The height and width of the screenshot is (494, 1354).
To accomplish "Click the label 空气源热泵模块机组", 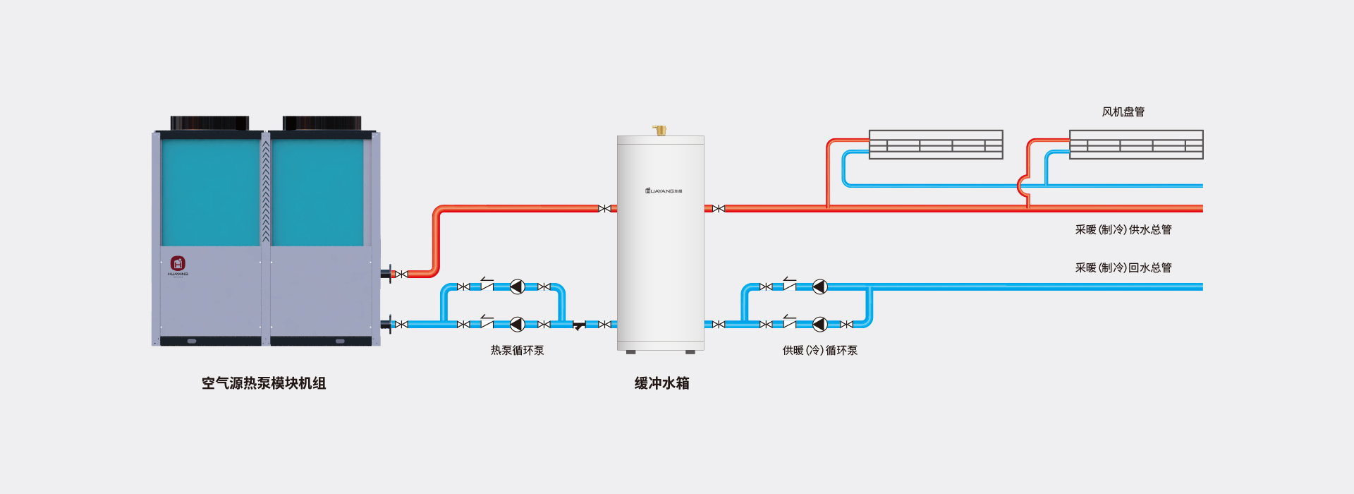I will (x=264, y=383).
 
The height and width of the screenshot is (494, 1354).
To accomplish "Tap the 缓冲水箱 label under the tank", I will (x=661, y=383).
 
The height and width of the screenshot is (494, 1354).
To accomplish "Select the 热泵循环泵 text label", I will (x=517, y=350).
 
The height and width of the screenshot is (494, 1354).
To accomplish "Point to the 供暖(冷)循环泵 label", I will (x=819, y=350).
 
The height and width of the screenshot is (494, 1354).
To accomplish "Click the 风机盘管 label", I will (x=1123, y=112).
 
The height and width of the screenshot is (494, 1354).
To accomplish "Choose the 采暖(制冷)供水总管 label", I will (x=1123, y=229).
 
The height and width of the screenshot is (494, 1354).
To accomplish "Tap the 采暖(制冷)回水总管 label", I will (x=1123, y=267).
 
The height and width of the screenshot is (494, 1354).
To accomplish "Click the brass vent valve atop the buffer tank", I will (x=660, y=130).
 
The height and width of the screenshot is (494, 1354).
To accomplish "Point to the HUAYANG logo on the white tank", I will (x=663, y=191).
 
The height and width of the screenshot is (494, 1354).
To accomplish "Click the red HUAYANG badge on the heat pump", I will (x=178, y=264).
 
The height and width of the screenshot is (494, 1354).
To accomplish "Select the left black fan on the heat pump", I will (x=209, y=123).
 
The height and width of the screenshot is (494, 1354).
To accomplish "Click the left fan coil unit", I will (x=936, y=145).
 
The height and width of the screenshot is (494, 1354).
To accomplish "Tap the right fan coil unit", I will (x=1136, y=145).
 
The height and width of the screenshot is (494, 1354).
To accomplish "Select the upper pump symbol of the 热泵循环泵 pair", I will (x=517, y=287).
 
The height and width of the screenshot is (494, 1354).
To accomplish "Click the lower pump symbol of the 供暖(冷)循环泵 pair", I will (x=819, y=324).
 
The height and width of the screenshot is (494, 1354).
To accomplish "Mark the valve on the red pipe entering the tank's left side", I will (x=604, y=208).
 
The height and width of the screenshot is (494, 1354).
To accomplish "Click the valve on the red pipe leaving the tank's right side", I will (x=718, y=208).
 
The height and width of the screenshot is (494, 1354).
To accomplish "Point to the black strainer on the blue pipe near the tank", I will (x=578, y=325).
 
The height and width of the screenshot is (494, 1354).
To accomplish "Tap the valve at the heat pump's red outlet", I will (x=401, y=274).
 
